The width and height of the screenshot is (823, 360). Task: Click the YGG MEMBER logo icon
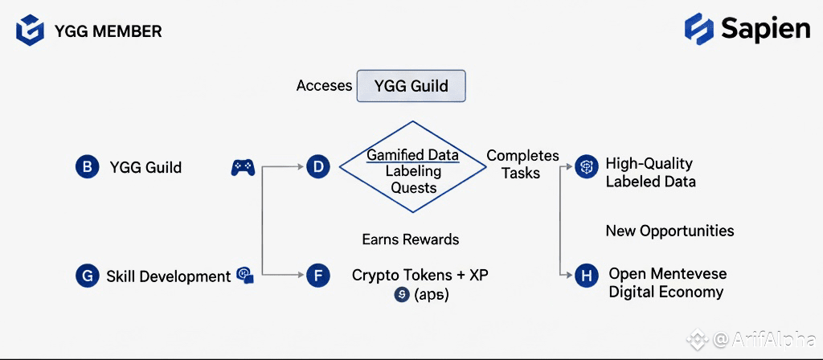click(30, 31)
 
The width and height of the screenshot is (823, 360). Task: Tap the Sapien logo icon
click(699, 29)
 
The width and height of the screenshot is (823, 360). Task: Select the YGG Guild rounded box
click(411, 86)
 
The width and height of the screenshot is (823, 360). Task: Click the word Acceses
click(324, 85)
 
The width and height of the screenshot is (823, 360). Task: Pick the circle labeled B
click(86, 167)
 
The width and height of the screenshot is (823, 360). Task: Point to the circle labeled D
click(318, 167)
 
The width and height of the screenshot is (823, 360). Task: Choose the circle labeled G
click(86, 276)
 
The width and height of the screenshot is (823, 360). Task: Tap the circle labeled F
click(318, 276)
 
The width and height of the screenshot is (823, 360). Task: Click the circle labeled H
click(587, 276)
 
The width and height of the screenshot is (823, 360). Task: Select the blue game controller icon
click(243, 167)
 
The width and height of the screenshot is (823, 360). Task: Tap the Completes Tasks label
click(522, 164)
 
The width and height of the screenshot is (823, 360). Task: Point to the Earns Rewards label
click(411, 239)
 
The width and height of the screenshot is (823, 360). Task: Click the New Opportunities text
click(669, 231)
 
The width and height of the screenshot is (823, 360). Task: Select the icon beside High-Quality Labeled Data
click(587, 167)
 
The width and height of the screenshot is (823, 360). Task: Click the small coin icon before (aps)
click(402, 295)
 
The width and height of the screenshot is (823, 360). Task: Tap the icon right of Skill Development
click(246, 276)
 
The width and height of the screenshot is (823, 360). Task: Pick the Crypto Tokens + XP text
click(420, 275)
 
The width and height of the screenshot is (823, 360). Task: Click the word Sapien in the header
click(765, 29)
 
